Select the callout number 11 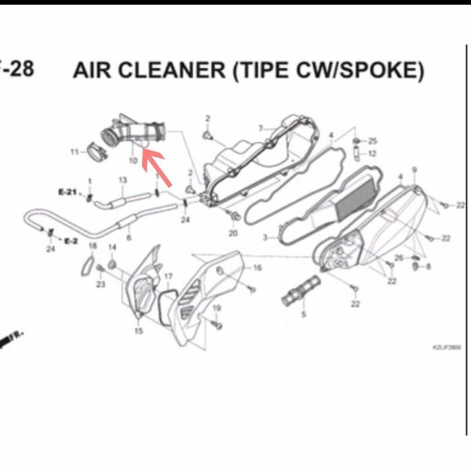pos(75,152)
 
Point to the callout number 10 pos(133,161)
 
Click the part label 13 pos(122,180)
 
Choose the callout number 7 pos(260,128)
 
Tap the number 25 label pos(373,141)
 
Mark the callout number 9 pos(414,170)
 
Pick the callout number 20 pos(233,233)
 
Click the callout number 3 pos(265,237)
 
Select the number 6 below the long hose pos(129,238)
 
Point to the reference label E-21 pos(68,192)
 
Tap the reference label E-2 pos(71,240)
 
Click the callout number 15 pos(139,330)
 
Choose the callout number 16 pos(257,268)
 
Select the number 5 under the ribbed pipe pos(303,314)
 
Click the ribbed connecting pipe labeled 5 pos(299,294)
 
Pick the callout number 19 pos(217,308)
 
